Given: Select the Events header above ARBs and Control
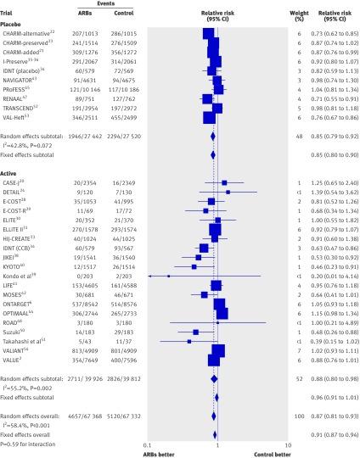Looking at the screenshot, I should pyautogui.click(x=97, y=4).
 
